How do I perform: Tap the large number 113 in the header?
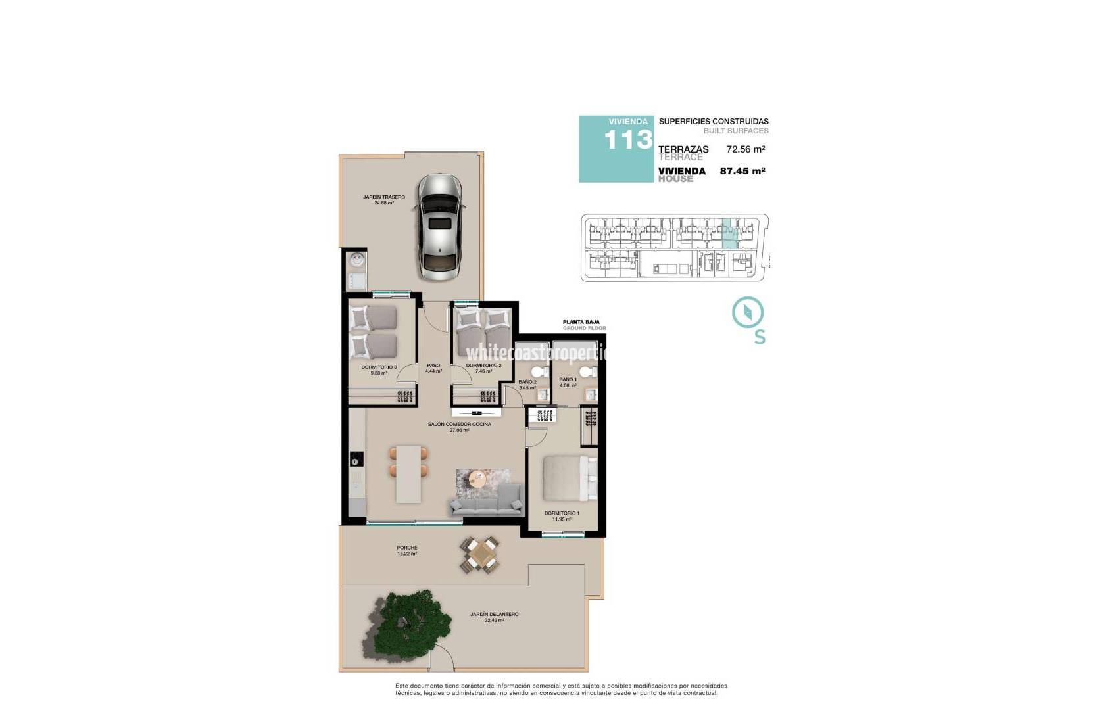click(x=628, y=140)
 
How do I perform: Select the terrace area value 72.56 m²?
click(x=745, y=149)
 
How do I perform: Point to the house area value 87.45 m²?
click(x=742, y=171)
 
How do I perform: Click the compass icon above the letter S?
click(x=748, y=312)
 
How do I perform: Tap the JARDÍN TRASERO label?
click(x=384, y=197)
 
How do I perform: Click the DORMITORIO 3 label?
click(x=379, y=367)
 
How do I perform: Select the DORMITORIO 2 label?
click(x=483, y=366)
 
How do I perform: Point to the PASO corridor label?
click(x=433, y=366)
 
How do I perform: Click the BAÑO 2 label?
click(x=527, y=382)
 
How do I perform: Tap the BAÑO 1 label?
click(x=568, y=380)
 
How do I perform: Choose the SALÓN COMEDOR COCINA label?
click(x=459, y=425)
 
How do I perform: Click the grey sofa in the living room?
click(x=486, y=504)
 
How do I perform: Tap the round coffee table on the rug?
click(x=479, y=480)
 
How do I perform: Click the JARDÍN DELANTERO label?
click(x=494, y=615)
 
